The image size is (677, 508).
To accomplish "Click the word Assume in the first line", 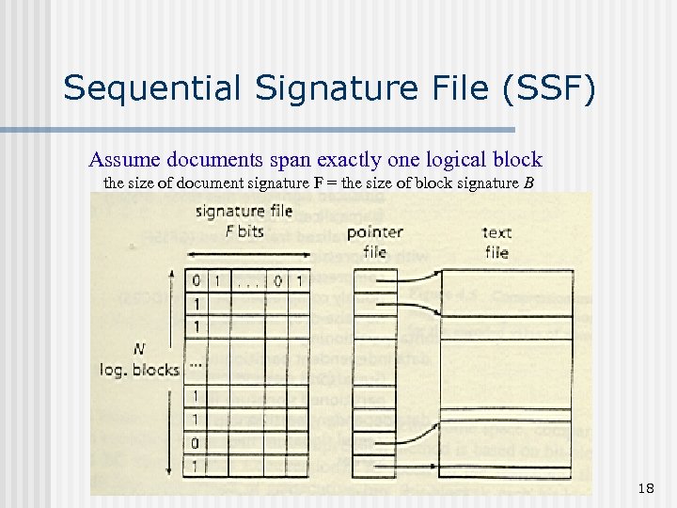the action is pyautogui.click(x=121, y=159).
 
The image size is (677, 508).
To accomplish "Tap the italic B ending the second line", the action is pyautogui.click(x=528, y=182).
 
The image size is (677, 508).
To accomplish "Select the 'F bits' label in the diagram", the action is pyautogui.click(x=244, y=230).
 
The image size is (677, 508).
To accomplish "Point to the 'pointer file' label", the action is pyautogui.click(x=374, y=241).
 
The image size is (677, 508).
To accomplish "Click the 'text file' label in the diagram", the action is pyautogui.click(x=496, y=242).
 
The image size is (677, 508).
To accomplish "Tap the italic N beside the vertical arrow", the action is pyautogui.click(x=139, y=349).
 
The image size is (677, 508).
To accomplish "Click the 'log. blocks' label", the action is pyautogui.click(x=139, y=369).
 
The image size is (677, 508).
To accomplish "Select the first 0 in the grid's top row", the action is pyautogui.click(x=196, y=279).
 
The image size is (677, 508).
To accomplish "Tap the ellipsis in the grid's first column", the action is pyautogui.click(x=196, y=365).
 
